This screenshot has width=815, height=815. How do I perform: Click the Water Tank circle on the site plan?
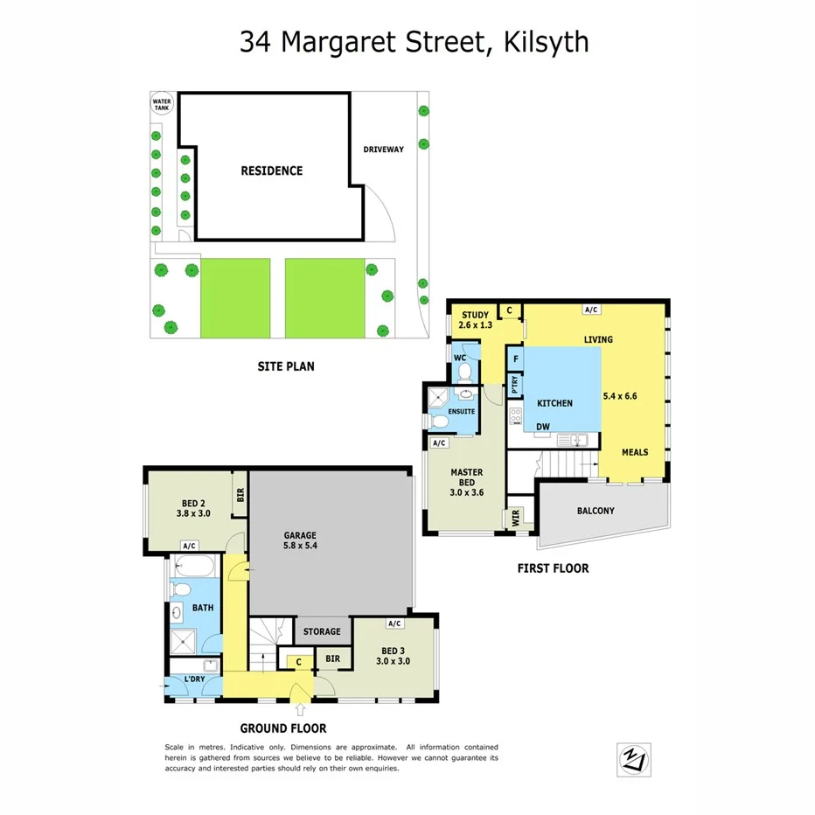163,104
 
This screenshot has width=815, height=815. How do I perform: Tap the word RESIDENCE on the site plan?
271,171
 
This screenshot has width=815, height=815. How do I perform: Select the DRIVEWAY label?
384,150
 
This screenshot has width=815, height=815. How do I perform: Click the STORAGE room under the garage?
322,631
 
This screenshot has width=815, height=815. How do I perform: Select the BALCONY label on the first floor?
596,511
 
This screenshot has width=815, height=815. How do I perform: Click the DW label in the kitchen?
542,426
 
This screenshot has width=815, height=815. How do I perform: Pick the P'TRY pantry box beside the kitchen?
515,386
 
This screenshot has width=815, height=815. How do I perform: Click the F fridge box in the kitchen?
515,359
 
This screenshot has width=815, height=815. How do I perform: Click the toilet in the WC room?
463,374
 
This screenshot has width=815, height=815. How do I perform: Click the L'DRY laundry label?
195,679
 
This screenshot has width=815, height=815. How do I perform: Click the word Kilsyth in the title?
546,41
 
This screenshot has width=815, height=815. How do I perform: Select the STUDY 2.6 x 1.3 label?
476,319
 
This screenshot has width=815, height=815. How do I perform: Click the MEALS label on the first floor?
635,452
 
